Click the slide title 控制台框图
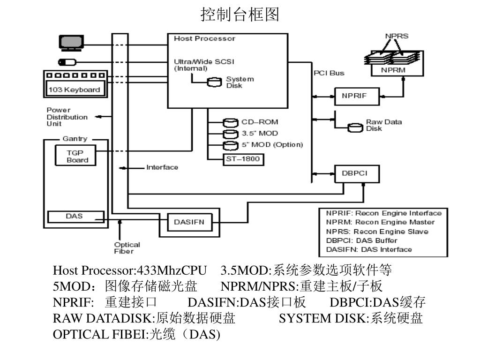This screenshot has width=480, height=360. pyautogui.click(x=240, y=15)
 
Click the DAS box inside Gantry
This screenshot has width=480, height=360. pyautogui.click(x=75, y=217)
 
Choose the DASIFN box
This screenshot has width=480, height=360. pyautogui.click(x=189, y=222)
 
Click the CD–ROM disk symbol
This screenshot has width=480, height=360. pyautogui.click(x=230, y=122)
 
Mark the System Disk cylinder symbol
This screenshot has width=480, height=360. pyautogui.click(x=215, y=82)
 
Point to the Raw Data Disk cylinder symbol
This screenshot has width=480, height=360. pyautogui.click(x=355, y=127)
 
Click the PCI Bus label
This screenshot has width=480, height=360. pyautogui.click(x=329, y=73)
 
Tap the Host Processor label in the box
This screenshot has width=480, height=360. pyautogui.click(x=204, y=38)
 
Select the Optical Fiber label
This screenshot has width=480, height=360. pyautogui.click(x=127, y=247)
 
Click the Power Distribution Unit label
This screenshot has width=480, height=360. pyautogui.click(x=67, y=117)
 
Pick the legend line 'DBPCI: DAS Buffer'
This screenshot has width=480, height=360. pyautogui.click(x=361, y=240)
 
